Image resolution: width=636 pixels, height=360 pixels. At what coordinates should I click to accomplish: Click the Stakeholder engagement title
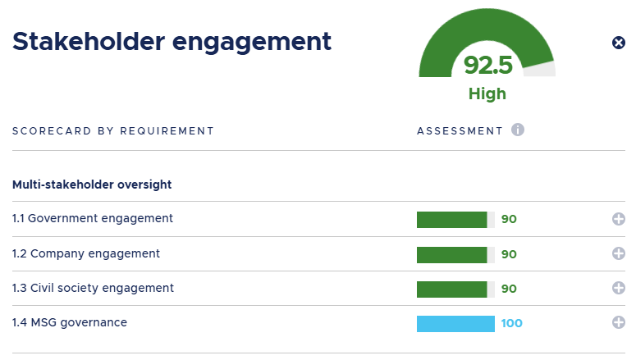coord(172,42)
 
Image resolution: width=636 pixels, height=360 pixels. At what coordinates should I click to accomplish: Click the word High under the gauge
coord(487,93)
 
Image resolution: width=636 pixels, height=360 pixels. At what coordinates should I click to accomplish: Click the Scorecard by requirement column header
coord(112,130)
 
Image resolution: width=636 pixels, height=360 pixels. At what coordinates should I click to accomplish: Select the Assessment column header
coord(460,130)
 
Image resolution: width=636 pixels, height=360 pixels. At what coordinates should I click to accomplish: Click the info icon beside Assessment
coord(517,130)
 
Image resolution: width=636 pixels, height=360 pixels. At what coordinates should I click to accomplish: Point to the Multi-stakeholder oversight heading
coord(92,185)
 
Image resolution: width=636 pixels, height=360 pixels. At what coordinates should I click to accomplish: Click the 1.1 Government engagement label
coord(93,218)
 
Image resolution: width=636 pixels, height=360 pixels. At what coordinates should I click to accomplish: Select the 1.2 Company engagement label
coord(86,253)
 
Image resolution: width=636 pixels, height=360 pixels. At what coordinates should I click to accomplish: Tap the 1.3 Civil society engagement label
coord(93,288)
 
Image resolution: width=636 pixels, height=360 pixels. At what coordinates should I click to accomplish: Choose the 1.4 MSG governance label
coord(70,322)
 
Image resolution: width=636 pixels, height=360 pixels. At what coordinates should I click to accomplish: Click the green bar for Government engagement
coord(452,219)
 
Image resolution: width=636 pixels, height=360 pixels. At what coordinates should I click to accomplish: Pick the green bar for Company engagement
coord(452,254)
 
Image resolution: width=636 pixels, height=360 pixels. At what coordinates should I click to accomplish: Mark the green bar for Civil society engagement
coord(452,289)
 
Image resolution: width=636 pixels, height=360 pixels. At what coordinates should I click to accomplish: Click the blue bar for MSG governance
coord(455,323)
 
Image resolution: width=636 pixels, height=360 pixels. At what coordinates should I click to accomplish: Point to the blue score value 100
coord(511,323)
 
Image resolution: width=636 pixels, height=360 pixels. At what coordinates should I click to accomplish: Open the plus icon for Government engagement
coord(619,219)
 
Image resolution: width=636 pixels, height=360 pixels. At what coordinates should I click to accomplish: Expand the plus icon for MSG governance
coord(619,323)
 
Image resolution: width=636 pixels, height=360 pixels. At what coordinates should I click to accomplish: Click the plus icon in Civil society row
coord(619,289)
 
